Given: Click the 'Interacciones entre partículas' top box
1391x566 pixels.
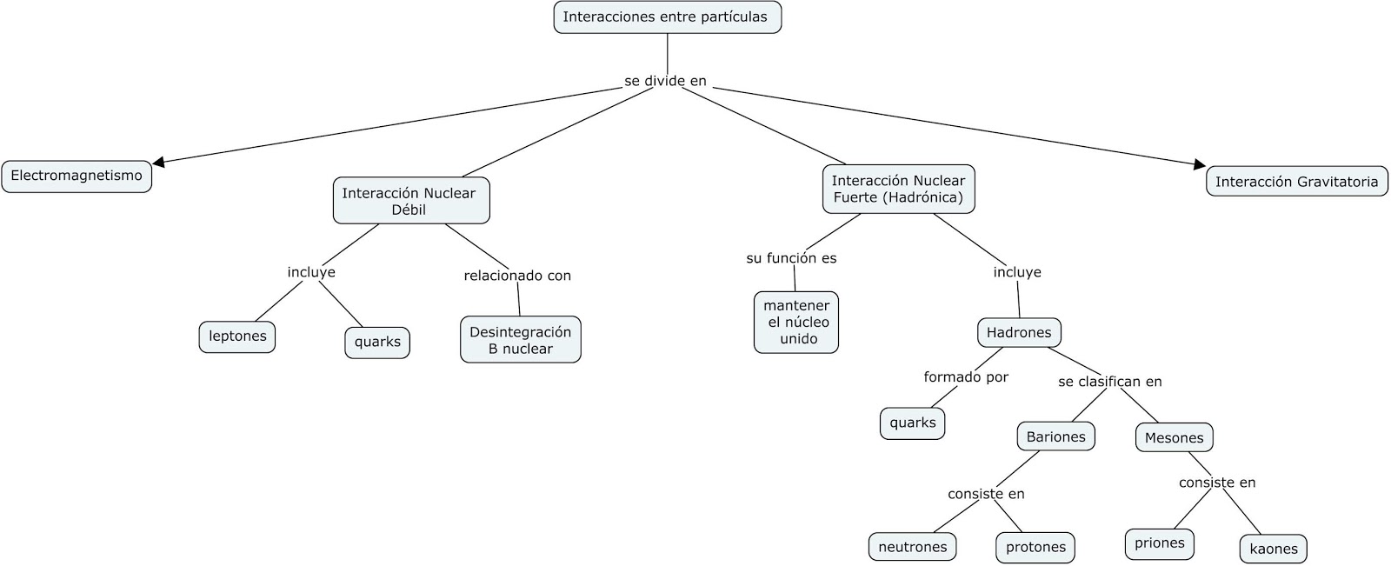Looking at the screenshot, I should coord(667,17).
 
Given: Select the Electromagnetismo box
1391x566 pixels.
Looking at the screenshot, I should coord(77,176).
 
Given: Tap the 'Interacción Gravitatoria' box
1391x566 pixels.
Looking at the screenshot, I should coord(1296,182).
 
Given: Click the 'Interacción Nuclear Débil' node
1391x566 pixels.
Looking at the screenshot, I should coord(410,201).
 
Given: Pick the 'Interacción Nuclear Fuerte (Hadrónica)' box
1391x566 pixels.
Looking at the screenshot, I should coord(898,190).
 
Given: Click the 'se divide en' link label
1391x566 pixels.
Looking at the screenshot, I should coord(665,81).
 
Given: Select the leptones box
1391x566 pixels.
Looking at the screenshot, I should coord(237,336).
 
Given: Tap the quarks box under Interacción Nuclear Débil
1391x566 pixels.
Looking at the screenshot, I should coord(377,342).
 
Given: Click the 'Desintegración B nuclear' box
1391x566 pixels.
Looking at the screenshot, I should coord(520,340).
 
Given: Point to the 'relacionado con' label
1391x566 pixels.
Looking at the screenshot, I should coord(517,276).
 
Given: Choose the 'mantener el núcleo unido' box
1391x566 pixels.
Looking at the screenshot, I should coord(796,323).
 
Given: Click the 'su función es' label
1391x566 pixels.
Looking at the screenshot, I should coord(791,258).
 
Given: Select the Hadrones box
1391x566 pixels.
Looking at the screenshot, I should coord(1019,332).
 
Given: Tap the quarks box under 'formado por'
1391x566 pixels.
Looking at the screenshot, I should coord(912,423).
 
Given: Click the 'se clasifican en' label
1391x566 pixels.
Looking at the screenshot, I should coord(1109,382).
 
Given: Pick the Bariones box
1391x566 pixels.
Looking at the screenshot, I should coord(1055,437).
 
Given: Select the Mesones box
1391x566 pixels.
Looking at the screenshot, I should coord(1174,438).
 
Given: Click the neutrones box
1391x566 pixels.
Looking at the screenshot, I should coord(912,547).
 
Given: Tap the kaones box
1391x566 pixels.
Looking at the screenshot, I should coord(1273,549).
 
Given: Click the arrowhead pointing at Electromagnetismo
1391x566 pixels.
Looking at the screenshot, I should coord(158,162).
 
